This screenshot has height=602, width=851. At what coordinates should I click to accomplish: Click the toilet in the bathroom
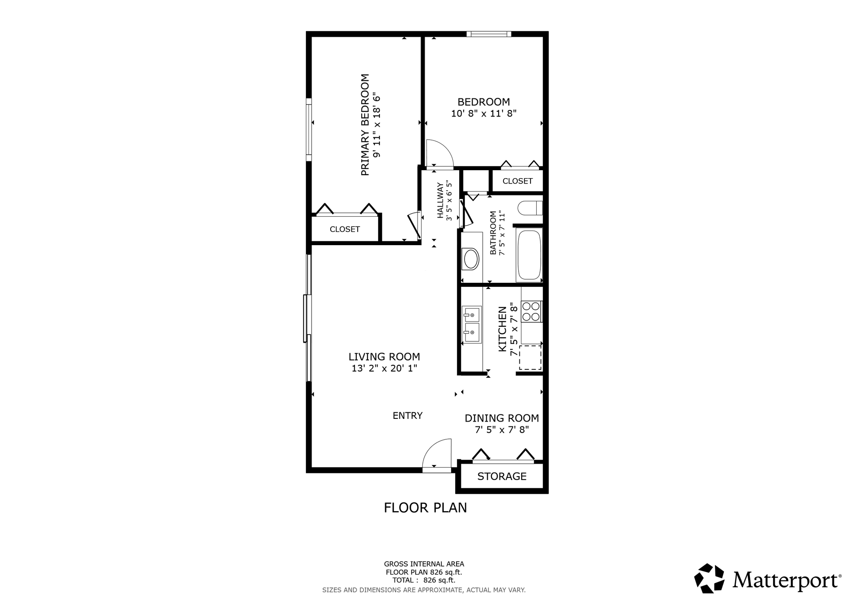click(x=530, y=208)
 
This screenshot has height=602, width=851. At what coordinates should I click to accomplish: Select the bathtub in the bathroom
click(x=529, y=255)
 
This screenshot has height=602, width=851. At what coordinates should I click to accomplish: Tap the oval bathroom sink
click(x=471, y=259)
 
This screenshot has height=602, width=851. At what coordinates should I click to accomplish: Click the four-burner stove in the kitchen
click(x=531, y=311)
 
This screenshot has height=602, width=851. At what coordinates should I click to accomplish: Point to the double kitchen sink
click(x=472, y=324)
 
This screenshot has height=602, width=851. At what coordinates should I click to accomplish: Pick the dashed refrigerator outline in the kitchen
click(x=530, y=357)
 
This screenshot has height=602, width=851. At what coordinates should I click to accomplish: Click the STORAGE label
click(x=502, y=477)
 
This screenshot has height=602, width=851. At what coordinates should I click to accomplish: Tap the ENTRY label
click(x=407, y=416)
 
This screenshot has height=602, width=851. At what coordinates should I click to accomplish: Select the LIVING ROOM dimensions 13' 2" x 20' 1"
click(x=384, y=368)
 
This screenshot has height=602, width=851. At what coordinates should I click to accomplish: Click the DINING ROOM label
click(x=502, y=418)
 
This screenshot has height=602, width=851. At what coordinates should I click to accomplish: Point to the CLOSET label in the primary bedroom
click(x=345, y=229)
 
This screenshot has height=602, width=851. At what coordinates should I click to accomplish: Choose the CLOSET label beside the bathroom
click(x=518, y=181)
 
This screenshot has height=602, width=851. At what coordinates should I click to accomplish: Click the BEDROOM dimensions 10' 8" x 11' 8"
click(x=484, y=113)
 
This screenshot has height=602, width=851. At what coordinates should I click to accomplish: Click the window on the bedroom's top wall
click(x=489, y=34)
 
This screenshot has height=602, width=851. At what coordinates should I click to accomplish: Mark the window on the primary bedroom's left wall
click(x=308, y=129)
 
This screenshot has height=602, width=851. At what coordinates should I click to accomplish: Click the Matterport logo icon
click(x=709, y=578)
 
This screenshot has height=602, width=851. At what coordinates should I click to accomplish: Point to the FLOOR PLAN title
click(x=425, y=508)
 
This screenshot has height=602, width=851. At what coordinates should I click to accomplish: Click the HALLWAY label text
click(x=440, y=201)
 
